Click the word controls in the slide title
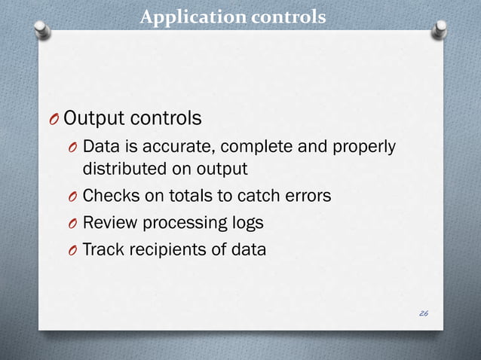tap(287, 16)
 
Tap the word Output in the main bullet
tap(93, 118)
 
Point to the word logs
tap(244, 223)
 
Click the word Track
tap(102, 249)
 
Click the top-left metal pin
tap(43, 29)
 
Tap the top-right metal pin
tap(441, 29)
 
